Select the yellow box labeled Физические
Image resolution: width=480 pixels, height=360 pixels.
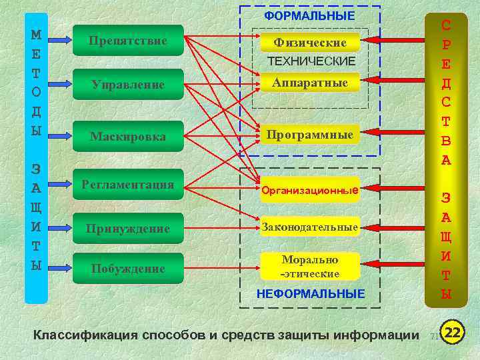(x=310, y=42)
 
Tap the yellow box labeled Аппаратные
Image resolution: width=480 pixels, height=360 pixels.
(x=310, y=83)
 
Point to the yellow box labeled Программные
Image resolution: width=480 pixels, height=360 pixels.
(x=310, y=135)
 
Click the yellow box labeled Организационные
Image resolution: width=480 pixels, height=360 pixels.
(x=310, y=190)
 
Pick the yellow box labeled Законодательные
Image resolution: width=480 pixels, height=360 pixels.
(x=310, y=227)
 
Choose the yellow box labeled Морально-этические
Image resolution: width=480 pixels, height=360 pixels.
(x=310, y=266)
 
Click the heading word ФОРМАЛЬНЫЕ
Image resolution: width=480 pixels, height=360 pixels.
(x=309, y=15)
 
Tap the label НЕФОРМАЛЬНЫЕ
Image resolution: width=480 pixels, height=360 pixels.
(x=311, y=293)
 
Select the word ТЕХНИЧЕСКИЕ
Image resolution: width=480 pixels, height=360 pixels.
(x=311, y=61)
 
